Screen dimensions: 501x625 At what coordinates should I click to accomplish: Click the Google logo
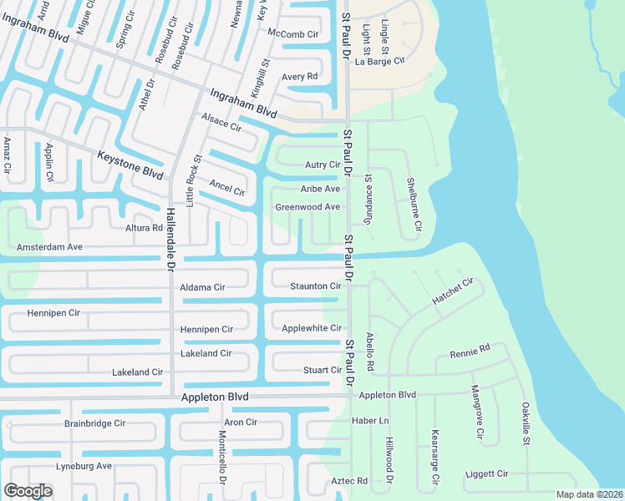tap(28, 491)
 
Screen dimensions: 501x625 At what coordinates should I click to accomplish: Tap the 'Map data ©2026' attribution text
tap(590, 494)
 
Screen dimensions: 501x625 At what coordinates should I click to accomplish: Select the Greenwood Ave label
tap(308, 207)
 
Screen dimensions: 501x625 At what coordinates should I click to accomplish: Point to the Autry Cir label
tap(323, 165)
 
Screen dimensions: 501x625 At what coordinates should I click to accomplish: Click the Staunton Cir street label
tap(315, 286)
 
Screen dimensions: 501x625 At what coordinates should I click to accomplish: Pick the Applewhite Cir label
tap(312, 328)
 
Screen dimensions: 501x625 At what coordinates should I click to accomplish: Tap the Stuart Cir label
tap(323, 370)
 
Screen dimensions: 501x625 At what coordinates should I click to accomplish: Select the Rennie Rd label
tap(469, 351)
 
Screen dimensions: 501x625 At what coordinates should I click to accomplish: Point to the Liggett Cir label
tap(486, 473)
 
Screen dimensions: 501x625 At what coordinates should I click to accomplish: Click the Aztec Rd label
tap(349, 481)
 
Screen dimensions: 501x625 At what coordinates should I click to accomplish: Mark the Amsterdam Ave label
tap(49, 247)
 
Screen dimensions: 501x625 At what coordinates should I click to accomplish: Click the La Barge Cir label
tap(379, 61)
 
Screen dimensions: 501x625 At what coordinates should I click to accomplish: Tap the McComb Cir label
tap(293, 34)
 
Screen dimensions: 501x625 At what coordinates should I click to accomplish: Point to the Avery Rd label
tap(300, 77)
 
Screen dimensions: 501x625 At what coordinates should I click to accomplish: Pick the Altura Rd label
tap(144, 228)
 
